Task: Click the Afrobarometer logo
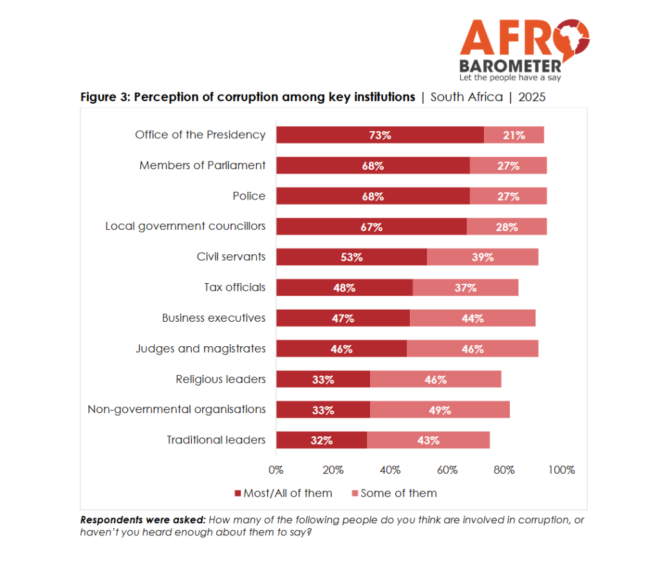pos(525,50)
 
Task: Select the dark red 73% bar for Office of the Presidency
pos(380,134)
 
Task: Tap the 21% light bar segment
pos(514,134)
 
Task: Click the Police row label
pos(249,196)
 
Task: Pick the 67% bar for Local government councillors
pos(371,227)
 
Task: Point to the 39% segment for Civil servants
pos(483,257)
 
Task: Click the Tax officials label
pos(235,288)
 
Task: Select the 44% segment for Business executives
pos(472,318)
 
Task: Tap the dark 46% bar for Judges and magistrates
pos(342,349)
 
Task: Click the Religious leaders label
pos(221,379)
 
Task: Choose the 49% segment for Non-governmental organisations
pos(440,409)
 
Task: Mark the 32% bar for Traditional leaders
pos(322,440)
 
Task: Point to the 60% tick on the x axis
pos(447,470)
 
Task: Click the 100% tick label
pos(561,470)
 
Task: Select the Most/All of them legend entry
pos(284,493)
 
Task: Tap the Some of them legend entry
pos(395,493)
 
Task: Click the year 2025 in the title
pos(532,97)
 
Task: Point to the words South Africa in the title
pos(467,97)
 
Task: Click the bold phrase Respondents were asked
pos(143,520)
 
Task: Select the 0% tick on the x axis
pos(275,470)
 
